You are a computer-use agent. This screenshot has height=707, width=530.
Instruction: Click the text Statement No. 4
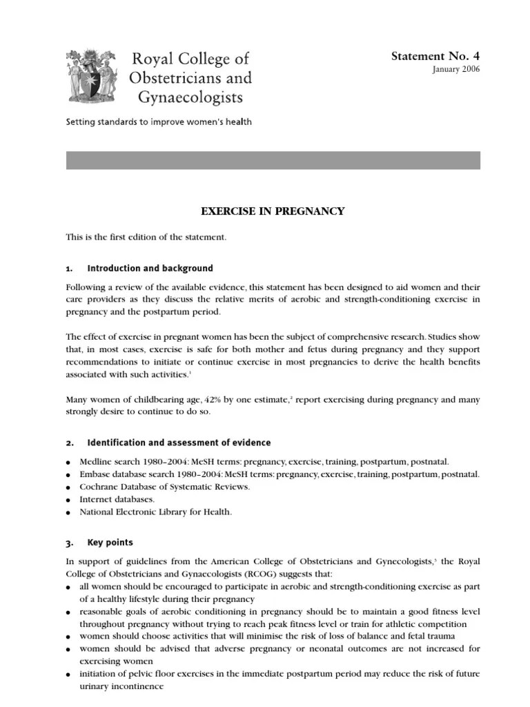[x=435, y=56]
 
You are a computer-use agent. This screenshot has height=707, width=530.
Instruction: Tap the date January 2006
[x=456, y=70]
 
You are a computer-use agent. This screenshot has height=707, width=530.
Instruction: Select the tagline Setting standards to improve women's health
[x=159, y=122]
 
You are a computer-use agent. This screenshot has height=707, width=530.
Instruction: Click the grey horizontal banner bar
[x=273, y=160]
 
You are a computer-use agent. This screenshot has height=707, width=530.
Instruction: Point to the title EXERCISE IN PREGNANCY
[x=273, y=211]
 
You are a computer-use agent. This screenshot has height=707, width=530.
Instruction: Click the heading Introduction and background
[x=150, y=269]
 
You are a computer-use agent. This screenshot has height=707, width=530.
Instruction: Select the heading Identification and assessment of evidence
[x=179, y=443]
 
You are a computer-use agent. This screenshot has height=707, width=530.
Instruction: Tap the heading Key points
[x=110, y=543]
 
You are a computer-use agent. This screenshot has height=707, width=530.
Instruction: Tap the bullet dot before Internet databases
[x=69, y=500]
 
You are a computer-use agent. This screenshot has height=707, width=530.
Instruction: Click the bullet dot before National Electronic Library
[x=69, y=513]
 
